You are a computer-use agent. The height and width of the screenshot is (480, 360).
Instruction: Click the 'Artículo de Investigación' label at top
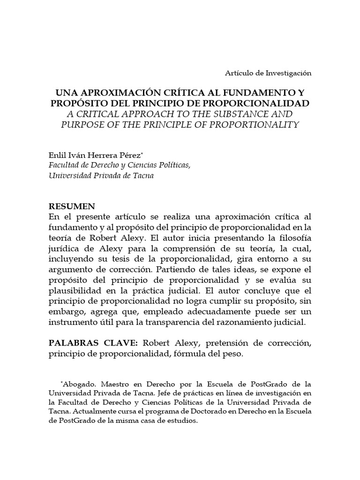tap(267, 73)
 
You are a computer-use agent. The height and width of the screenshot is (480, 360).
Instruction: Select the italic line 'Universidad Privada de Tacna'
tap(101, 176)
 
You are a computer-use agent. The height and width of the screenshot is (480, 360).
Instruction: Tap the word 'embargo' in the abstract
tap(65, 311)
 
